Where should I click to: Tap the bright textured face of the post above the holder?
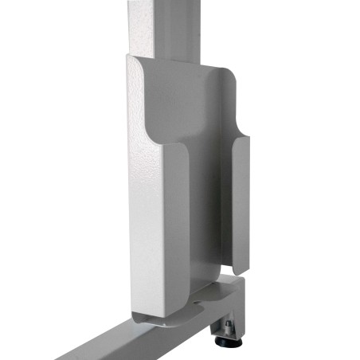point(143,24)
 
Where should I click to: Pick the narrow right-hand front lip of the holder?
point(240,199)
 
